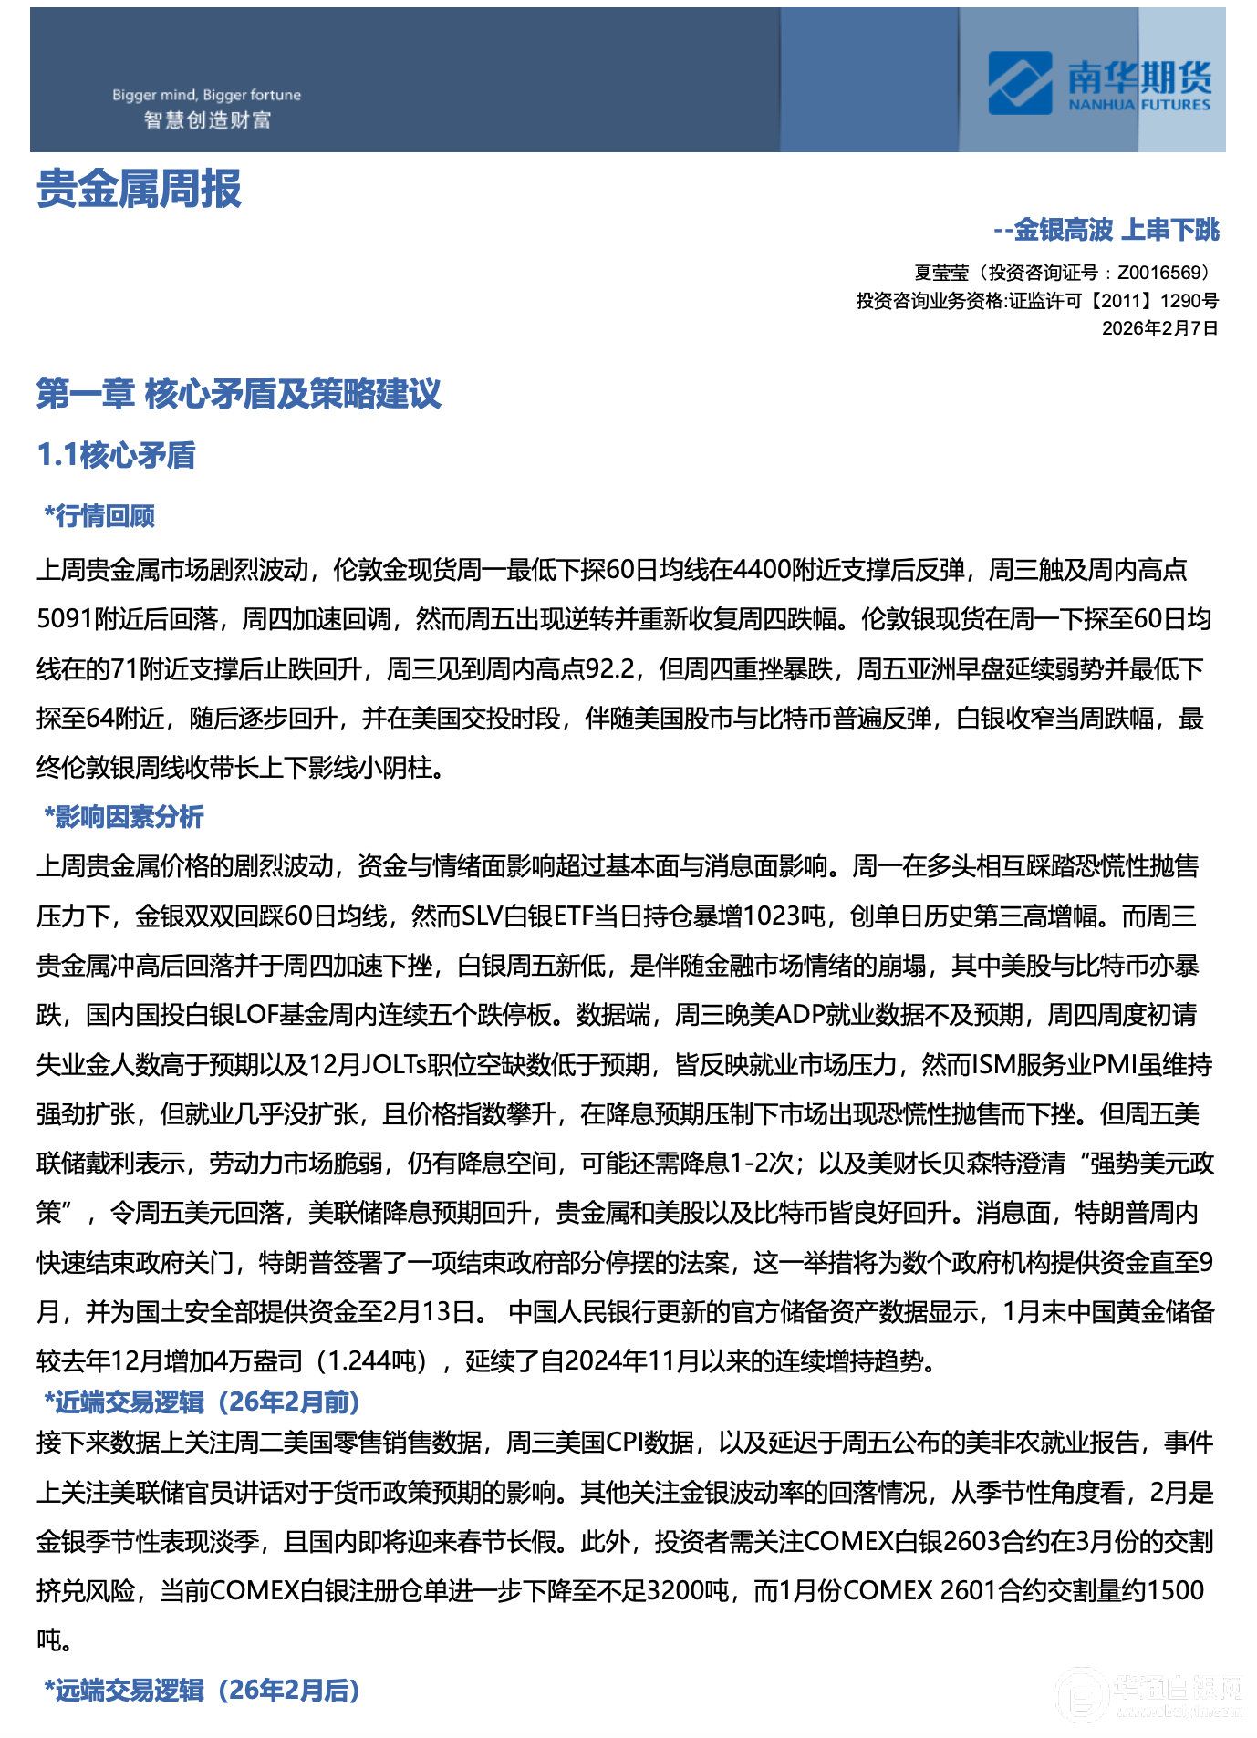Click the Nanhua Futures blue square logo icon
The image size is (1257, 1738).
click(x=1019, y=83)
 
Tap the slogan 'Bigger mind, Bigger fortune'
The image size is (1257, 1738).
click(x=206, y=95)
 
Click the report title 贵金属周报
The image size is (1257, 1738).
click(x=139, y=190)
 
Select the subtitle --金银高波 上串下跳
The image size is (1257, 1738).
click(x=1106, y=230)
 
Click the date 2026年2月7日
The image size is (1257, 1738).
click(x=1159, y=328)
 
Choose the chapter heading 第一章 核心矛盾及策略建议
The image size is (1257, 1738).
click(x=238, y=394)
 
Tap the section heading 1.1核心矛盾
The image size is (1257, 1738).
click(x=116, y=455)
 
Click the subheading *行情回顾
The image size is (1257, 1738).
click(x=99, y=516)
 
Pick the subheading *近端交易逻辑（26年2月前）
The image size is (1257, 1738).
click(x=202, y=1402)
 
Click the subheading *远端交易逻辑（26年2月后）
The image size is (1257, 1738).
click(x=202, y=1690)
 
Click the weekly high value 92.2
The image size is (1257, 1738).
click(x=609, y=669)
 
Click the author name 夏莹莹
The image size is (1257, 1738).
click(x=941, y=273)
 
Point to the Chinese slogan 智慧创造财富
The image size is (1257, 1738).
click(x=207, y=120)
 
